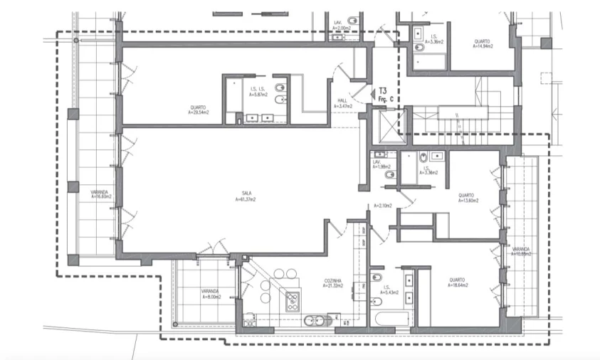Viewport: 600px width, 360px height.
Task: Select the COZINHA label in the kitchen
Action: [332, 282]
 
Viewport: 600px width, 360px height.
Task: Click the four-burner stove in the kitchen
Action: [293, 302]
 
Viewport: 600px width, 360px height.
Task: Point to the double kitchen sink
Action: [313, 321]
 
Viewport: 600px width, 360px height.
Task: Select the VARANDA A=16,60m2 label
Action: [99, 194]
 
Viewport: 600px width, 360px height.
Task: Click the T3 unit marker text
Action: [382, 91]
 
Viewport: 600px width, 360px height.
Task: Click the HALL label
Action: [342, 103]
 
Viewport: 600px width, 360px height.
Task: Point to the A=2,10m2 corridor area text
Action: [381, 206]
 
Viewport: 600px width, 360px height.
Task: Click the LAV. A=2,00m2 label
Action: [341, 25]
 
